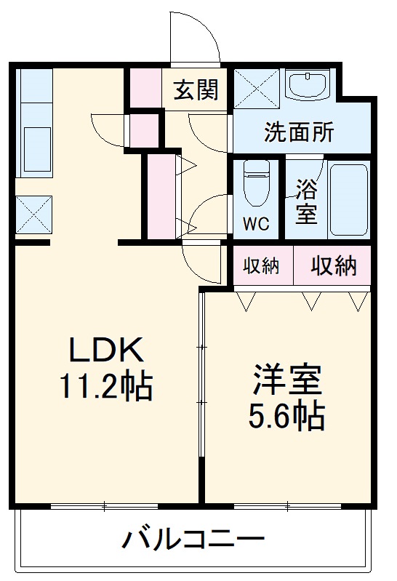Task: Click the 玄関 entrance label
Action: point(196,90)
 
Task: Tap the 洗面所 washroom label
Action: point(299,133)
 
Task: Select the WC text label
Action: point(255,223)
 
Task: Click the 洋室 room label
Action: point(287,380)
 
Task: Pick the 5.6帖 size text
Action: point(287,416)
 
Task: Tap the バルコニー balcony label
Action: point(193,540)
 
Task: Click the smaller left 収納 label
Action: point(261,267)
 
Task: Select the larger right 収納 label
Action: point(334,267)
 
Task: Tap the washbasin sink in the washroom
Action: point(308,85)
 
